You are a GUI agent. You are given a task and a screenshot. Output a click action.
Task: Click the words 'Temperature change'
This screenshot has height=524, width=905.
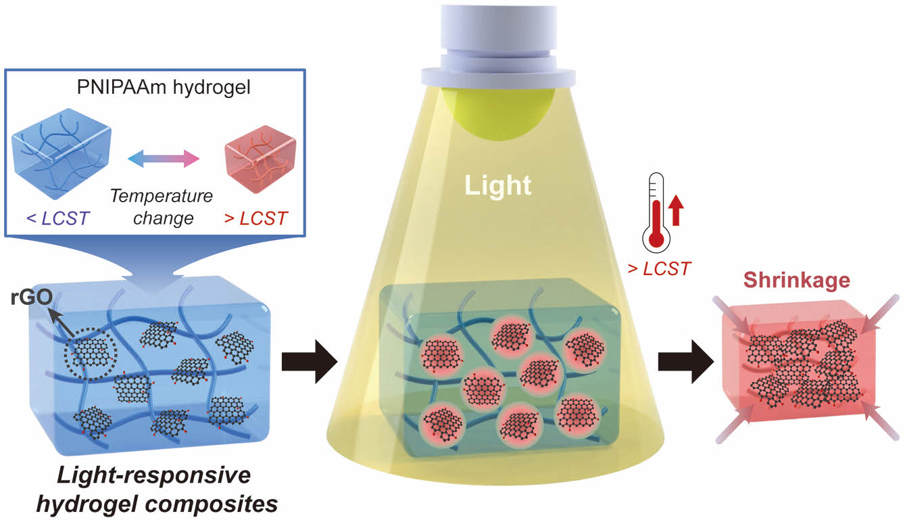click(x=162, y=208)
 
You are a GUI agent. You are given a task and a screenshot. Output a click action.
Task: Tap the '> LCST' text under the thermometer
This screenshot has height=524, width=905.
click(x=659, y=268)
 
